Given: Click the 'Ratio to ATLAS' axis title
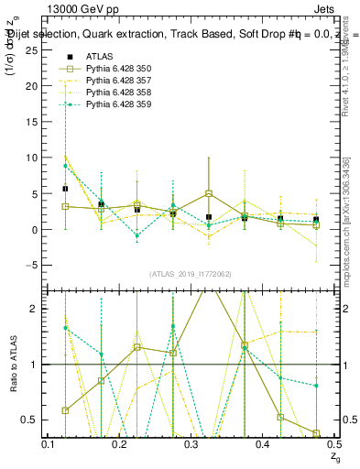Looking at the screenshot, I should click(x=15, y=365).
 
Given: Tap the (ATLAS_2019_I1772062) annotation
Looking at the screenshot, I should click(x=191, y=274).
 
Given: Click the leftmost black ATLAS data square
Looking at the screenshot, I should click(x=65, y=189).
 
